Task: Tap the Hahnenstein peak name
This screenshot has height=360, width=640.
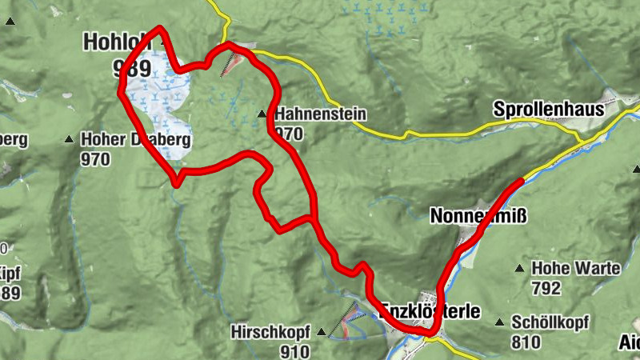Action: click(x=320, y=115)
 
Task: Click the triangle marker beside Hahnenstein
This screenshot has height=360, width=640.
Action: click(x=262, y=115)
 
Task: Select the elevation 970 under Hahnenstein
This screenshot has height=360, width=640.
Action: click(x=289, y=133)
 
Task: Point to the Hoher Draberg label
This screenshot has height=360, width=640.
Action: click(x=134, y=140)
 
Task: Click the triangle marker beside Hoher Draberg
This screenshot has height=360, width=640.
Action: click(x=70, y=140)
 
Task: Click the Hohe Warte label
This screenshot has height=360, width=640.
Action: click(x=576, y=268)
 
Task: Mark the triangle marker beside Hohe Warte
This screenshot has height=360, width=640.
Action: click(x=521, y=269)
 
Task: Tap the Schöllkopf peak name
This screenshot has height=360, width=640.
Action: click(x=550, y=322)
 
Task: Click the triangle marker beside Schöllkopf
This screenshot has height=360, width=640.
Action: click(x=500, y=322)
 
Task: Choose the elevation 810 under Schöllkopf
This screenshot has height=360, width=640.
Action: click(x=526, y=342)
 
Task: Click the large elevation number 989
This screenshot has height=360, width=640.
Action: click(x=132, y=66)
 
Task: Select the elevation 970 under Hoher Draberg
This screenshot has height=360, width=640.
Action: click(x=95, y=158)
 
